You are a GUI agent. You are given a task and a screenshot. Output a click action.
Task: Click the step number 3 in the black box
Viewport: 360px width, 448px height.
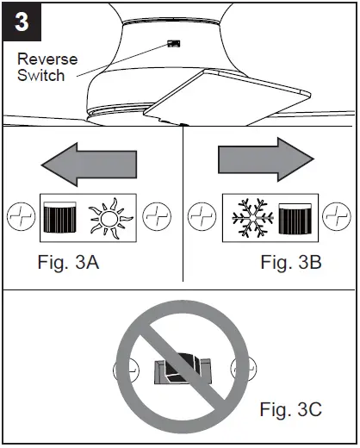click(22, 22)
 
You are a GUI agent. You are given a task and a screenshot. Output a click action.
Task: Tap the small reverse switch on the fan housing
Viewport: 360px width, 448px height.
click(172, 42)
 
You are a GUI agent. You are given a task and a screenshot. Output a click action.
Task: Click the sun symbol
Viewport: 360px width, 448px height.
click(112, 215)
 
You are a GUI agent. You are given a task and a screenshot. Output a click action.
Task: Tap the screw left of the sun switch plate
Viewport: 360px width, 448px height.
click(20, 215)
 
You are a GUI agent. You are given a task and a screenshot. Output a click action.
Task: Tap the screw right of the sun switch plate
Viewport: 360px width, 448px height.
click(157, 215)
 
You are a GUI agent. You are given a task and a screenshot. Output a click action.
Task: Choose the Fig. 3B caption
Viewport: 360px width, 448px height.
click(291, 263)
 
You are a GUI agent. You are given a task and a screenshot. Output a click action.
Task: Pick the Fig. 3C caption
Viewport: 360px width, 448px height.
click(291, 410)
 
